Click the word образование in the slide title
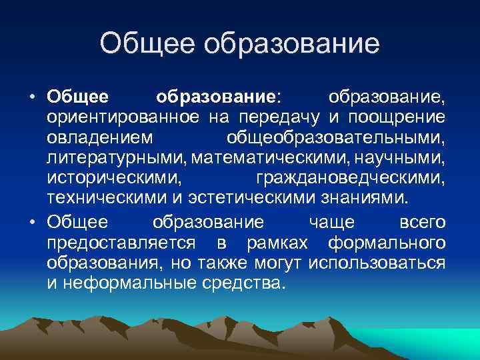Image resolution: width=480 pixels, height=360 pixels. tap(291, 45)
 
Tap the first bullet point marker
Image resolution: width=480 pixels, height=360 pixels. tap(32, 97)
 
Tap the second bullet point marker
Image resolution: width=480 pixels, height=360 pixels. tap(32, 222)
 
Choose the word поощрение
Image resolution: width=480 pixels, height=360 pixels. tap(401, 119)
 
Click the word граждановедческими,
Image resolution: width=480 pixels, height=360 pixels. tap(351, 181)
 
